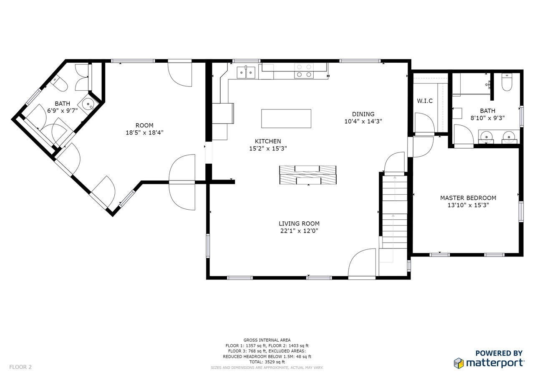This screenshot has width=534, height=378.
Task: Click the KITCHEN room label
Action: click(268, 141)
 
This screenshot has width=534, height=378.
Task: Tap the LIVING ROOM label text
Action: click(299, 223)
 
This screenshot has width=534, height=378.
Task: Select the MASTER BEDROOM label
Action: click(468, 198)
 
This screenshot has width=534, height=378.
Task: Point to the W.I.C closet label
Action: click(425, 101)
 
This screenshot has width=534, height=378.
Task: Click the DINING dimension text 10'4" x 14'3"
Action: click(363, 121)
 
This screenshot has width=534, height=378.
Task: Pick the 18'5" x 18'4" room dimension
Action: click(144, 132)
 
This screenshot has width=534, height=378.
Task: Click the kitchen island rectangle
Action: click(286, 119)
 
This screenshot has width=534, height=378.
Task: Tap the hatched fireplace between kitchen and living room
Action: click(308, 175)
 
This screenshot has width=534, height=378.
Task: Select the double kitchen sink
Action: click(246, 72)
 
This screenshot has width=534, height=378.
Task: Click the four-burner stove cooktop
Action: click(304, 71)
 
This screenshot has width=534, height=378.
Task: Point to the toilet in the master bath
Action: click(507, 82)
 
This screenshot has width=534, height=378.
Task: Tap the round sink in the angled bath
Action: click(88, 104)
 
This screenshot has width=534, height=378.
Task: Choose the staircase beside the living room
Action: click(395, 212)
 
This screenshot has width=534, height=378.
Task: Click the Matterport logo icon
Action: click(458, 363)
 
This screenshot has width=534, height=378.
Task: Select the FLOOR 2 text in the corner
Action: click(20, 367)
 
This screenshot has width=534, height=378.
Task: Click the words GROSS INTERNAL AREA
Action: click(267, 340)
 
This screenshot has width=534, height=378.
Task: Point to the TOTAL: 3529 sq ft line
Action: click(267, 362)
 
